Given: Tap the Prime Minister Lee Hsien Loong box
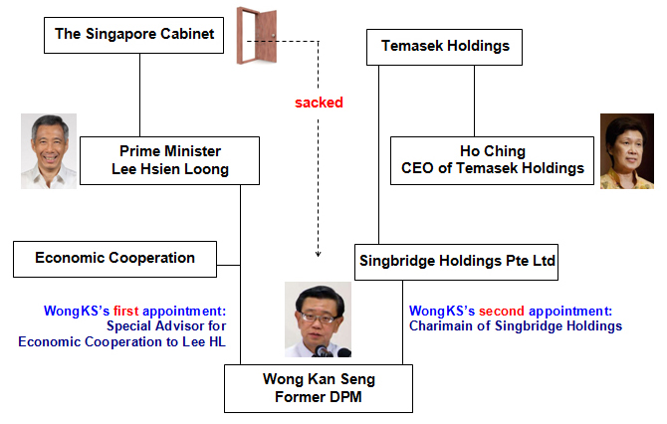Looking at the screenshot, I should (x=170, y=160).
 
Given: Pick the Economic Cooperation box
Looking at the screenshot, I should (x=114, y=258).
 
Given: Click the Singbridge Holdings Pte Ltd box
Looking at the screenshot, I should (x=456, y=263).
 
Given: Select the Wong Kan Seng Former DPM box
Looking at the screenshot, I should (x=318, y=388).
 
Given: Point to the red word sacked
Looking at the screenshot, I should (x=319, y=103).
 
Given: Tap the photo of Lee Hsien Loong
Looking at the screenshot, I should (x=49, y=150).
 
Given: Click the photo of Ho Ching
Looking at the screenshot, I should (x=626, y=150).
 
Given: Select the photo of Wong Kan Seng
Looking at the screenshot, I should (x=318, y=319).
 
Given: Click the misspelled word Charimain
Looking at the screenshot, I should (x=442, y=325).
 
